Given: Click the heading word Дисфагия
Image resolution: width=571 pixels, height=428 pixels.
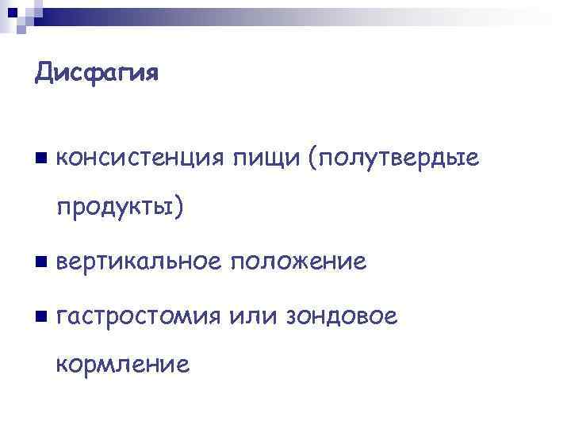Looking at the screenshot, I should click(x=97, y=74).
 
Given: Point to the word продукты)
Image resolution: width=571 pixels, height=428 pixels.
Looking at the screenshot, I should click(x=120, y=208).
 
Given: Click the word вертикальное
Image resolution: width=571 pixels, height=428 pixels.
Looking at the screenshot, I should click(x=140, y=261).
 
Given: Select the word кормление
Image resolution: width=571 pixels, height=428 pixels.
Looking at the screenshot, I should click(x=122, y=365).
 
